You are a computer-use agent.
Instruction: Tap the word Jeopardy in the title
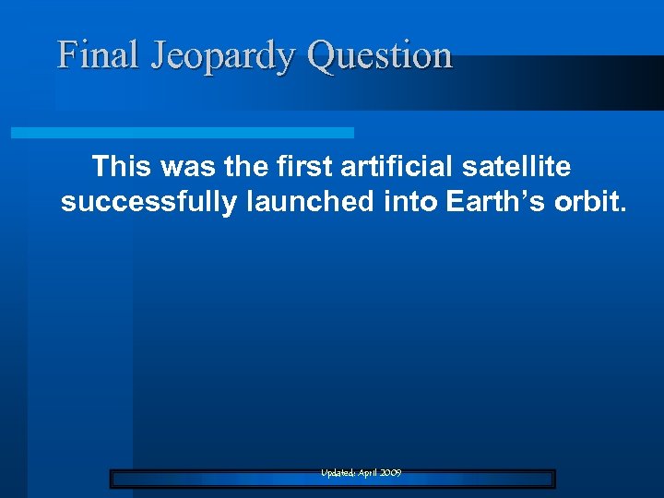[222, 57]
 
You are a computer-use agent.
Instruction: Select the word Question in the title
[379, 57]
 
